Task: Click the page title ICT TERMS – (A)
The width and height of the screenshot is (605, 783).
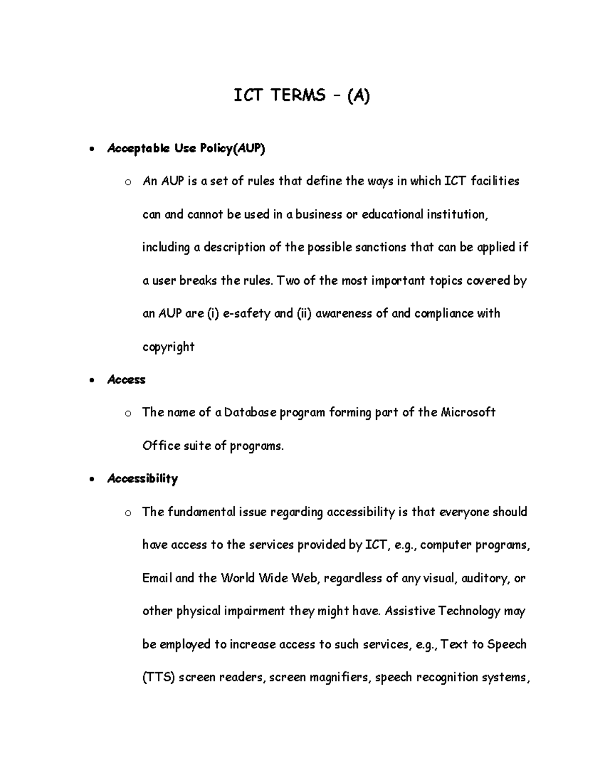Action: tap(301, 95)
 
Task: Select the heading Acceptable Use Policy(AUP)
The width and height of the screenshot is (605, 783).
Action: tap(186, 148)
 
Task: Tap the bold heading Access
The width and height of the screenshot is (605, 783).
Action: tap(126, 380)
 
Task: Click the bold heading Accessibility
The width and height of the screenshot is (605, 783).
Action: tap(142, 478)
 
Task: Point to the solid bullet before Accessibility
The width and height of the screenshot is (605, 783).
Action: tap(90, 480)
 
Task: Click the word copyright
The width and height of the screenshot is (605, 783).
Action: tap(168, 347)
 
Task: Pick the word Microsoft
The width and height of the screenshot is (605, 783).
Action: tap(468, 412)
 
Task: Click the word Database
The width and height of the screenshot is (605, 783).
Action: tap(250, 412)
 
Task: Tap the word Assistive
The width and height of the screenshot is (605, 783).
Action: tap(410, 611)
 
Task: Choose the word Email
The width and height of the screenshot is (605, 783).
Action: tap(157, 578)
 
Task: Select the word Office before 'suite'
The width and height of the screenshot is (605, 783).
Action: tap(161, 446)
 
